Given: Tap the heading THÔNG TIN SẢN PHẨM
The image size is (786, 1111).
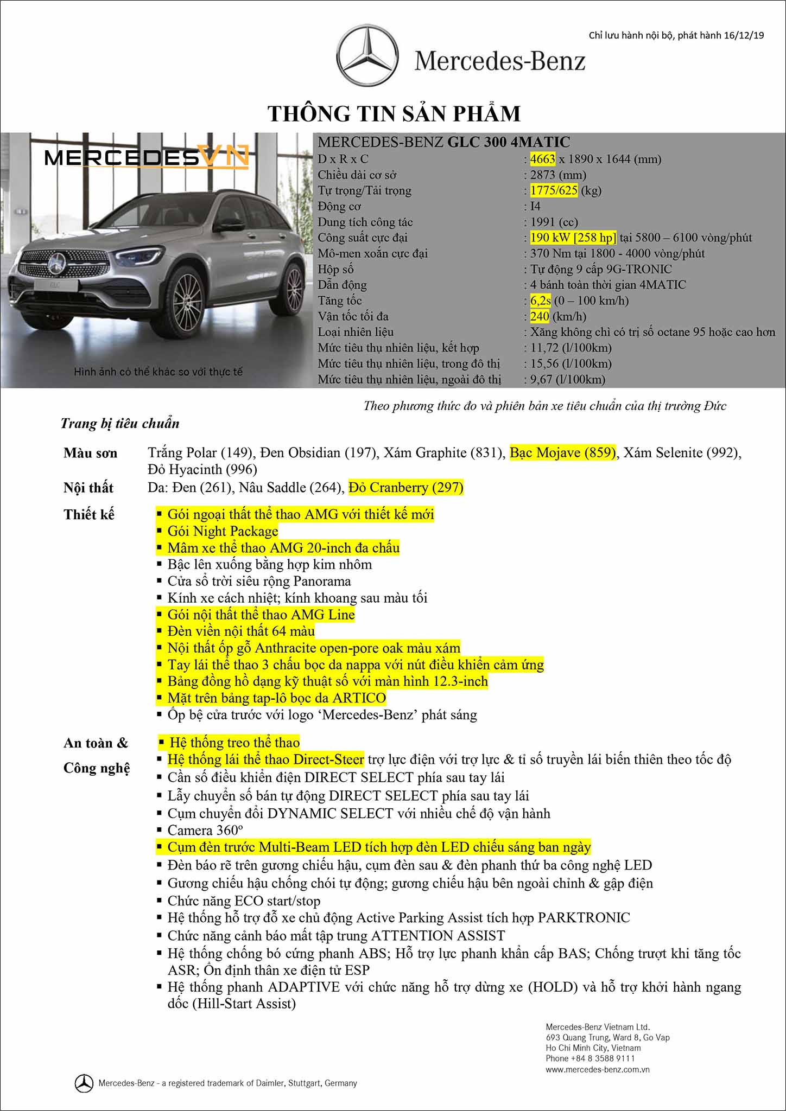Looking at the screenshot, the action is [x=394, y=114].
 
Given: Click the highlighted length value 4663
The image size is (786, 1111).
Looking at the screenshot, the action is [x=542, y=159].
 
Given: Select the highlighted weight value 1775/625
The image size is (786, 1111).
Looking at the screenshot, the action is [x=554, y=190].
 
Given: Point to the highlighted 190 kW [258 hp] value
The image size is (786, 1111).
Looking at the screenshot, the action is [x=573, y=238].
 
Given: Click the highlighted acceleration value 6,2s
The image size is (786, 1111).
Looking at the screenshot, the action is [x=540, y=301].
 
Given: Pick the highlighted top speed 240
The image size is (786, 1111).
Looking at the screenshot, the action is [x=540, y=316].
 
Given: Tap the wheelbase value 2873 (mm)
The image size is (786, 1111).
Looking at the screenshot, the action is [x=558, y=175].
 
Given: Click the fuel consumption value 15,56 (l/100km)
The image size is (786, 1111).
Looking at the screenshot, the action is [x=571, y=363].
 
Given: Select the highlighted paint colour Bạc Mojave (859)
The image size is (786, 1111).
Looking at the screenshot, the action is [x=563, y=452].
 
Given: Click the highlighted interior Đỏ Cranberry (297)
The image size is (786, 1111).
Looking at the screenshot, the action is [x=406, y=488].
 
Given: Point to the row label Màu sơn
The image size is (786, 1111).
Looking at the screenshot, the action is [x=90, y=453].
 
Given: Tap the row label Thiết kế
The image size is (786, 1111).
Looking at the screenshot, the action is [x=89, y=514].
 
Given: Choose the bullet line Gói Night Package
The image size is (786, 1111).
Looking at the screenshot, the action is [x=223, y=531].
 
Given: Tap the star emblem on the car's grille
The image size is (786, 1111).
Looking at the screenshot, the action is [x=56, y=265].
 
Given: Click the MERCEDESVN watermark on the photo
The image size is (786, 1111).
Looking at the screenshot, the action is [x=147, y=157].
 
